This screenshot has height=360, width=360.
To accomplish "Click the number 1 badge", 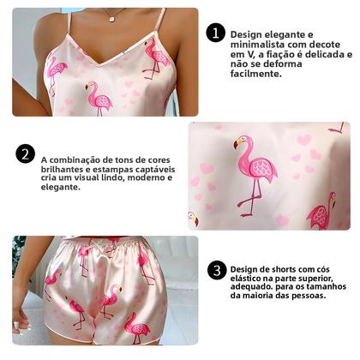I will (x=216, y=33).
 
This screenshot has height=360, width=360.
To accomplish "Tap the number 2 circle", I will (x=26, y=155).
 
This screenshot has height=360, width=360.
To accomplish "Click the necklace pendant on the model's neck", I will (x=109, y=15).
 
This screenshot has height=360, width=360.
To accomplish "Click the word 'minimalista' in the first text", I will (x=264, y=45).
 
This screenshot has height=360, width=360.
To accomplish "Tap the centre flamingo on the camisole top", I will (x=99, y=98).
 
